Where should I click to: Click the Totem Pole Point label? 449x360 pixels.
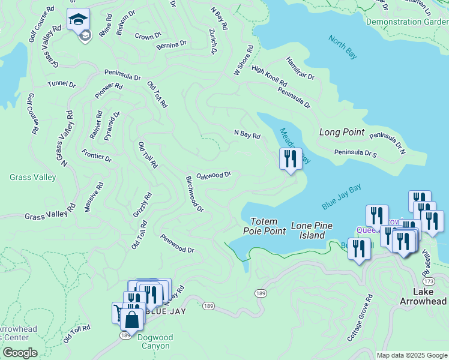pyautogui.click(x=264, y=226)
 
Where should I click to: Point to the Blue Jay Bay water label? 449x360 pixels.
pyautogui.click(x=341, y=197)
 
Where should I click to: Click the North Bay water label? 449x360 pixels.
pyautogui.click(x=343, y=47)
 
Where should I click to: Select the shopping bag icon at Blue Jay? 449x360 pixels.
pyautogui.click(x=132, y=318)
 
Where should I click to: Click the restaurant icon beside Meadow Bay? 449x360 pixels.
pyautogui.click(x=291, y=159)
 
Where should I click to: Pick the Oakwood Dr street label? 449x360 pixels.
pyautogui.click(x=214, y=175)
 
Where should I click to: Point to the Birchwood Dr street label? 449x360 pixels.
pyautogui.click(x=194, y=194)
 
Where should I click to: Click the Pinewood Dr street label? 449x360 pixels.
pyautogui.click(x=177, y=244)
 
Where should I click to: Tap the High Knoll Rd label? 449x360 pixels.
pyautogui.click(x=269, y=76)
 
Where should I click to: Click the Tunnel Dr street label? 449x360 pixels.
pyautogui.click(x=62, y=85)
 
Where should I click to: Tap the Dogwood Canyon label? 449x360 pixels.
pyautogui.click(x=155, y=342)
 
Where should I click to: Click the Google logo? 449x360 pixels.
pyautogui.click(x=20, y=353)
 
